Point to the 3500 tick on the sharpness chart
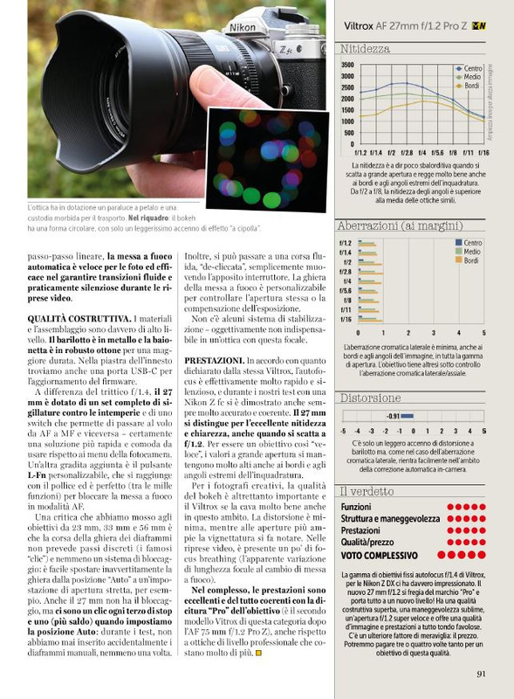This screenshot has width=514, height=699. (347, 65)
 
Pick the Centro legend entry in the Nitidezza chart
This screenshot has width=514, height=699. (469, 67)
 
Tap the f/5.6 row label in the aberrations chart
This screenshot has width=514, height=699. (346, 290)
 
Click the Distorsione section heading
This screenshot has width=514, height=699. (371, 397)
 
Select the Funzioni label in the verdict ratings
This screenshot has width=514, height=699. (356, 506)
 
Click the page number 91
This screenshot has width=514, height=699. (482, 672)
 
